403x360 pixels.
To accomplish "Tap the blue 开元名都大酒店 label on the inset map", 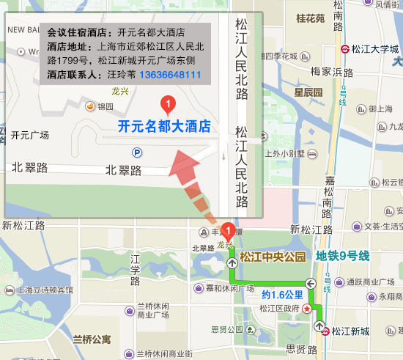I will pyautogui.click(x=164, y=126).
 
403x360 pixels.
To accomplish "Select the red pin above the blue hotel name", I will pyautogui.click(x=167, y=105).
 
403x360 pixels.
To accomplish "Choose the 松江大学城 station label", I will pyautogui.click(x=375, y=49).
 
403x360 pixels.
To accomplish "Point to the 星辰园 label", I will pyautogui.click(x=308, y=92).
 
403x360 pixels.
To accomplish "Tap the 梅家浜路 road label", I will pyautogui.click(x=332, y=72).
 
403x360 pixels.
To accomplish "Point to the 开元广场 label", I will pyautogui.click(x=30, y=136).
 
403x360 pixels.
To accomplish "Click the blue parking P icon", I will pyautogui.click(x=137, y=153).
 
